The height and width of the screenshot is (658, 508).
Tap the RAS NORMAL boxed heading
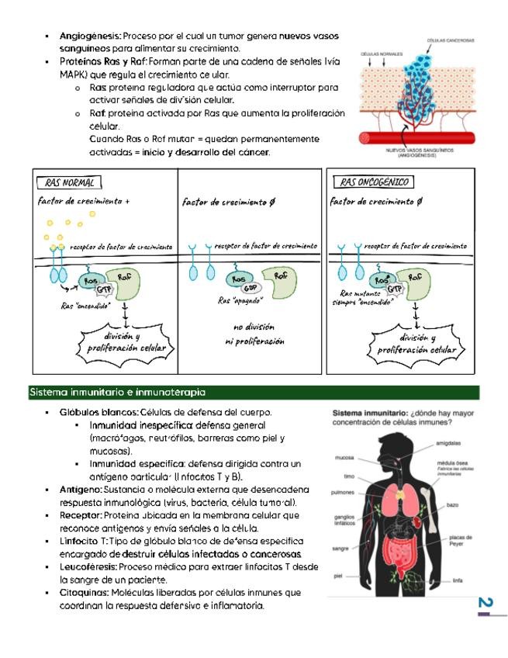point(69,183)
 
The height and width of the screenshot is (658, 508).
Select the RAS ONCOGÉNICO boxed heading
point(373,183)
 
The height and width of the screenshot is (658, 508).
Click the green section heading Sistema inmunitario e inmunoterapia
point(117,393)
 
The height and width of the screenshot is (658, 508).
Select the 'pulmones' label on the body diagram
point(342,492)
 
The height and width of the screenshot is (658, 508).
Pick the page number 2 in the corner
point(485,604)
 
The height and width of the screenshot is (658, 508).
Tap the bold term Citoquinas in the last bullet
point(83,593)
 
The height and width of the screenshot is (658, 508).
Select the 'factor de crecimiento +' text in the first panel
point(83,201)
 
